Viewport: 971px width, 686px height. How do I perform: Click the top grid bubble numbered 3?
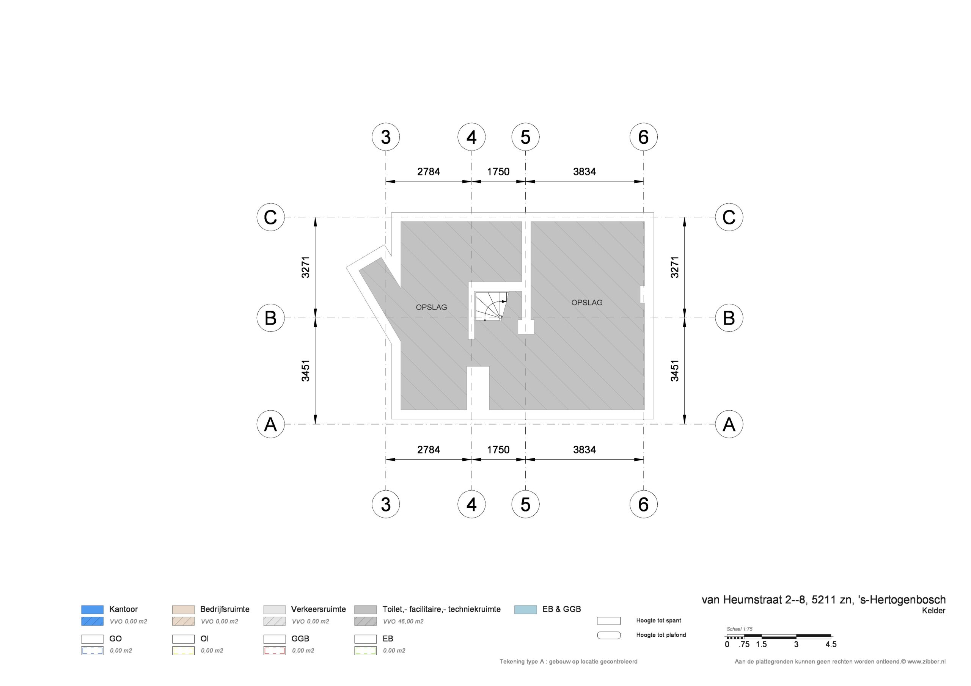click(386, 137)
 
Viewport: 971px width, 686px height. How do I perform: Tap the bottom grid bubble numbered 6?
click(643, 504)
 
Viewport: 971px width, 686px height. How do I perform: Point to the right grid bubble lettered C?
click(729, 217)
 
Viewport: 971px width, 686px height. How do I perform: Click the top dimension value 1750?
click(498, 172)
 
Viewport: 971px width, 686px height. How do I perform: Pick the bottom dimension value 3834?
click(584, 450)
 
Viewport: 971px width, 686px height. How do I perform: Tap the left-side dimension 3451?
click(306, 370)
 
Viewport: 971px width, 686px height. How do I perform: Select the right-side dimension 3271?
click(675, 267)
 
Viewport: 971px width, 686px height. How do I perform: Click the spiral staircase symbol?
click(492, 305)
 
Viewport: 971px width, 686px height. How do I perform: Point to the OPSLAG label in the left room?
click(431, 308)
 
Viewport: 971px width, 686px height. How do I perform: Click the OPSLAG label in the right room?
click(587, 302)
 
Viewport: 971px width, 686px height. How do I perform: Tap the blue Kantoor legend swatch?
click(92, 609)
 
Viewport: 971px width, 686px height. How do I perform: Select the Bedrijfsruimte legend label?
click(225, 609)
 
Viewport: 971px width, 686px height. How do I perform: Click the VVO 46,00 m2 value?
click(404, 621)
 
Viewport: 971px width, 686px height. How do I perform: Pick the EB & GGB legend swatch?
click(526, 609)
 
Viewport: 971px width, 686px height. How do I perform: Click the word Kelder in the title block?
click(933, 610)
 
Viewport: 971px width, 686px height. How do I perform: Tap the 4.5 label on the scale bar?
click(831, 645)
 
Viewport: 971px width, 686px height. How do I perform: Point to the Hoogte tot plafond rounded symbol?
click(609, 635)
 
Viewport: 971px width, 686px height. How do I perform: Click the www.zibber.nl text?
click(926, 661)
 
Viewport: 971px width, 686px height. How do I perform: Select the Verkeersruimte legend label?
click(319, 609)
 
